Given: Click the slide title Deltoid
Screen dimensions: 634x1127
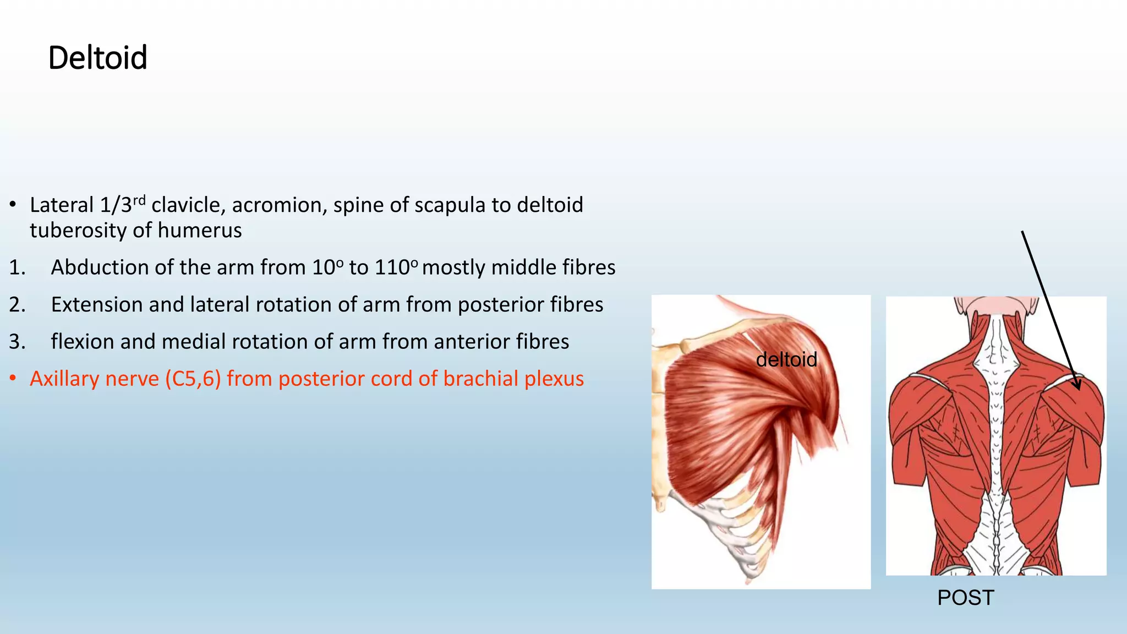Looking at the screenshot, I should [97, 58].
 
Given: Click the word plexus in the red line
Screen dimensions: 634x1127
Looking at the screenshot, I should [554, 379].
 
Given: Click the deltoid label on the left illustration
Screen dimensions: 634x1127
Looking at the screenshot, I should [786, 360].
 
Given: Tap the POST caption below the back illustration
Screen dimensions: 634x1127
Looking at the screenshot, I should [965, 598].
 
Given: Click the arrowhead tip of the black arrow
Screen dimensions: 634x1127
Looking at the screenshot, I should [1079, 389].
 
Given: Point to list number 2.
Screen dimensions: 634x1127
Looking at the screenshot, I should [17, 305].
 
